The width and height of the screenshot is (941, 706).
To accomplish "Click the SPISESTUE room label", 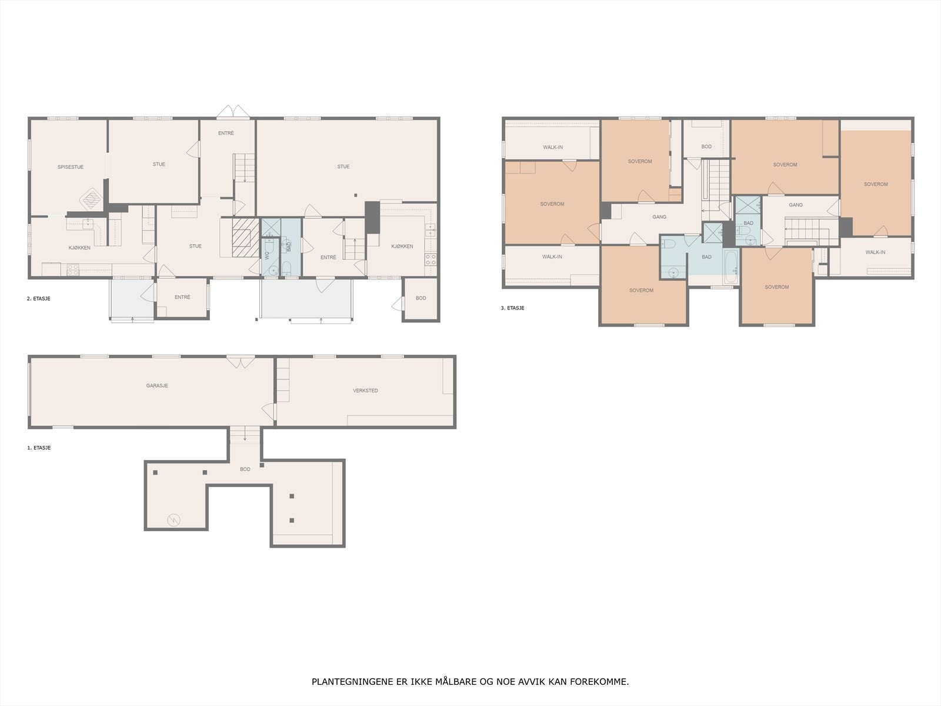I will click(71, 167).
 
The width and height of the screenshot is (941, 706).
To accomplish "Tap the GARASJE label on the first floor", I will click(157, 386).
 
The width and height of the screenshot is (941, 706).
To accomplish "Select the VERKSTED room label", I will click(365, 391).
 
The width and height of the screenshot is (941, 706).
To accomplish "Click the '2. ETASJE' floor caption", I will click(39, 299).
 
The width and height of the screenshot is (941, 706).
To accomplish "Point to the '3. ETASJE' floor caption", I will click(512, 308).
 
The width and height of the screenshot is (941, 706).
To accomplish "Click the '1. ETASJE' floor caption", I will click(39, 448).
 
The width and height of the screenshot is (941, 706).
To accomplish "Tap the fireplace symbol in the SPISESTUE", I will click(91, 198).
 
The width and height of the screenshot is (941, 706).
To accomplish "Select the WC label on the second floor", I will click(267, 256).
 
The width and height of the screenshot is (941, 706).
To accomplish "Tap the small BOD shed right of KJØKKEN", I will click(421, 299).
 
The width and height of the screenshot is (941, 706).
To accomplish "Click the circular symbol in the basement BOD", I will click(174, 519).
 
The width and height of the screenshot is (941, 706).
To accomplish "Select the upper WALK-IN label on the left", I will click(552, 147).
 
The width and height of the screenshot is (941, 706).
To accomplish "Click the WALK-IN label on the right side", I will click(875, 252).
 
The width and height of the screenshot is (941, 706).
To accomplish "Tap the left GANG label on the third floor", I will click(659, 217).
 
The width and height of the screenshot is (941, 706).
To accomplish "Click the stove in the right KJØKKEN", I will click(431, 259).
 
